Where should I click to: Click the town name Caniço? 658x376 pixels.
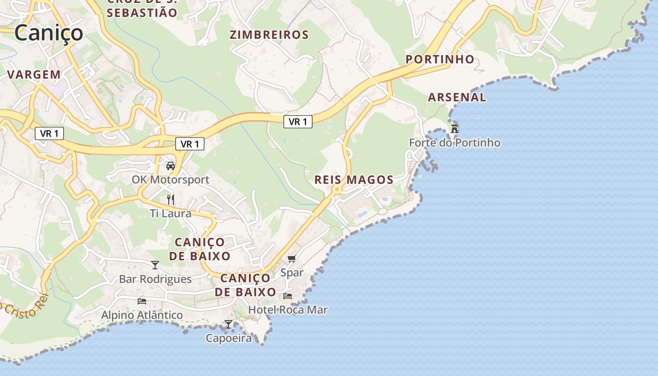click(x=48, y=33)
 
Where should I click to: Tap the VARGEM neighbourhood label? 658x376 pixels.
click(x=34, y=74)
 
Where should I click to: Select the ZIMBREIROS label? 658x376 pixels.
click(x=269, y=34)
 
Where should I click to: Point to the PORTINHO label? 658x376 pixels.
click(x=440, y=59)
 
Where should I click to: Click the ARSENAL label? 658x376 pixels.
click(x=457, y=97)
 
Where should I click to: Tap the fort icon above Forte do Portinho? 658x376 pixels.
click(x=454, y=128)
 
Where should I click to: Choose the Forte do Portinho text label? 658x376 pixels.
click(x=454, y=143)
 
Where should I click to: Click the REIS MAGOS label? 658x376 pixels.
click(x=353, y=180)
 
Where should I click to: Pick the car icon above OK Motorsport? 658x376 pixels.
click(x=171, y=166)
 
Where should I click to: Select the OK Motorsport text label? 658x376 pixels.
click(x=171, y=180)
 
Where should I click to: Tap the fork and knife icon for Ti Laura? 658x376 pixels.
click(x=171, y=200)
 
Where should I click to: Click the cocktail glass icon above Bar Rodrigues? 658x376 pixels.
click(x=155, y=265)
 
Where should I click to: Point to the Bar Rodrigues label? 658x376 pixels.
click(x=155, y=279)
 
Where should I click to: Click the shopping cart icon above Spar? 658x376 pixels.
click(x=292, y=259)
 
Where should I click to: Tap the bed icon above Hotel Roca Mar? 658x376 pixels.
click(x=288, y=296)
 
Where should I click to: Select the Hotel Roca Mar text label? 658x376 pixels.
click(x=288, y=310)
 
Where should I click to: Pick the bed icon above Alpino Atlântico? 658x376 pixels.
click(x=142, y=301)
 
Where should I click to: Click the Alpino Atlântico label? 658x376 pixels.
click(x=142, y=315)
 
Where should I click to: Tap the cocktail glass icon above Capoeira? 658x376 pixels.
click(x=228, y=324)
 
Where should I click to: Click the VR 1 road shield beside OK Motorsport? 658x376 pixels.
click(x=190, y=144)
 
